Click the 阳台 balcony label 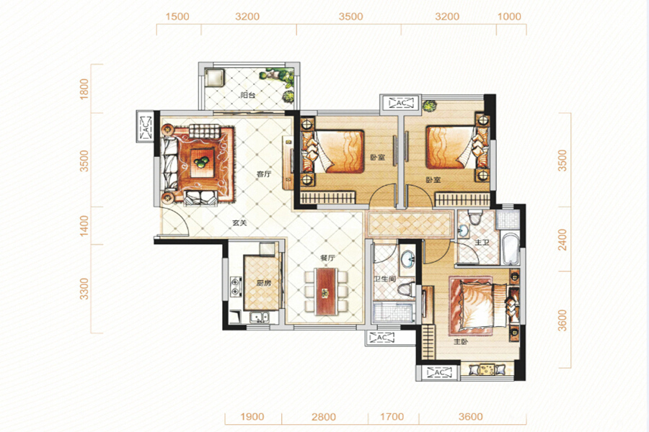247,95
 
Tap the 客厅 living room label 264,174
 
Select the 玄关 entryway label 239,222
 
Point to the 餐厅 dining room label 327,258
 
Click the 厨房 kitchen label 263,283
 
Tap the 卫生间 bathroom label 385,279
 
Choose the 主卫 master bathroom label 482,242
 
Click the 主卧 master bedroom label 461,342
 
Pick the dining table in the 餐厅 326,292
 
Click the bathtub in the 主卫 510,249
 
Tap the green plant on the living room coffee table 202,161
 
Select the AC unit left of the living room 144,127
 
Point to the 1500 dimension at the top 177,17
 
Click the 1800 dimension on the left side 84,89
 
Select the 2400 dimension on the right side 562,240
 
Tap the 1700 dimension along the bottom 392,416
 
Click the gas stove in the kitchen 236,287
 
